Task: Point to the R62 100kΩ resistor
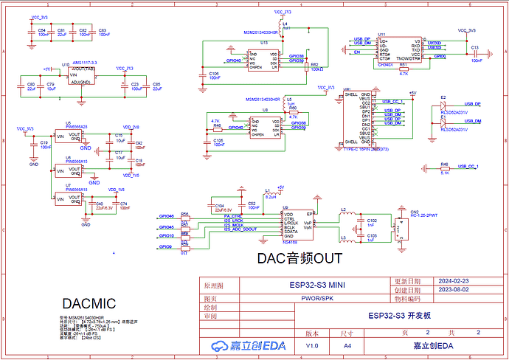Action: pos(315,67)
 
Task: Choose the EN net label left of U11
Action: pos(357,53)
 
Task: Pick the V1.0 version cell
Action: pos(312,345)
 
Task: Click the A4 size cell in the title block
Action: pos(347,345)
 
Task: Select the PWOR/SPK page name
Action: pos(319,299)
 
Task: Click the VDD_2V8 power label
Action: pos(131,128)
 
